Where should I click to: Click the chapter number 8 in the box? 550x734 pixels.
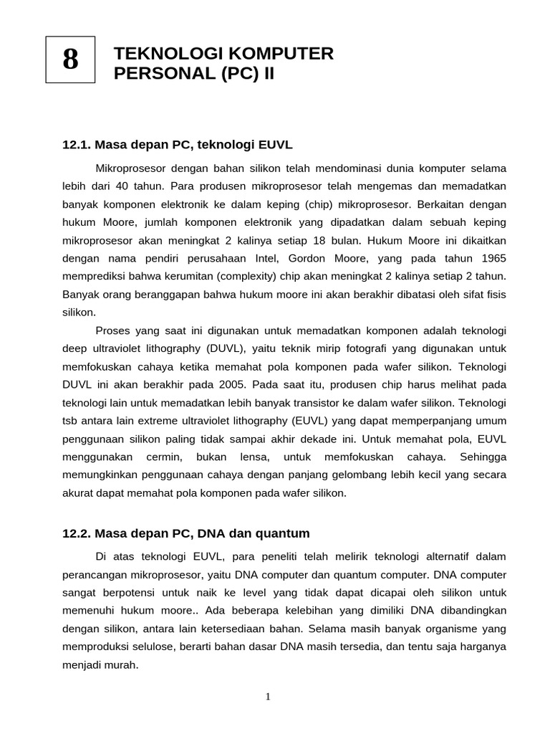[x=70, y=59]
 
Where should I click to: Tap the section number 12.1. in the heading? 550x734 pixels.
[x=76, y=145]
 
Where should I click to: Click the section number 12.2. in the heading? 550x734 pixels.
[x=76, y=533]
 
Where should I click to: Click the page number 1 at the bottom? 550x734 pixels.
[x=267, y=696]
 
